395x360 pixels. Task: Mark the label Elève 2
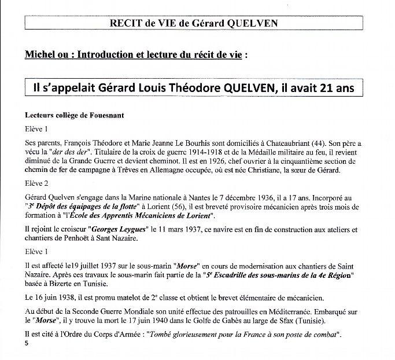coord(38,185)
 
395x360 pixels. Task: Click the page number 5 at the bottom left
coord(27,343)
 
